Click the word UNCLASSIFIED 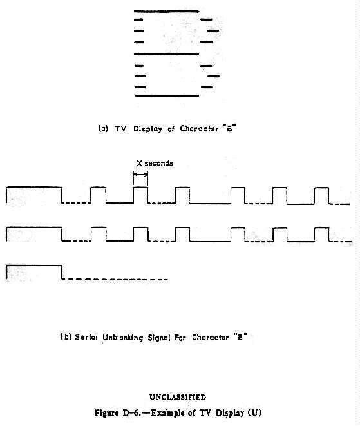pyautogui.click(x=178, y=397)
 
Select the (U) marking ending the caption pyautogui.click(x=254, y=413)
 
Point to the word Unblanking pyautogui.click(x=123, y=338)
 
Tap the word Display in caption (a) pyautogui.click(x=147, y=129)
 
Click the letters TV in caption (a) pyautogui.click(x=120, y=128)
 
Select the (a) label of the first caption pyautogui.click(x=103, y=128)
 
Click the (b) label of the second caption pyautogui.click(x=66, y=337)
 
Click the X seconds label pyautogui.click(x=155, y=163)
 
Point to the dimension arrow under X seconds pyautogui.click(x=140, y=175)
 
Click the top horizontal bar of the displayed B pyautogui.click(x=166, y=12)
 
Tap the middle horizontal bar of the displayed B pyautogui.click(x=166, y=53)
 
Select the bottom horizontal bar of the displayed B pyautogui.click(x=167, y=95)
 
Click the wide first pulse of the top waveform pyautogui.click(x=34, y=187)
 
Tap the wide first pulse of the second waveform pyautogui.click(x=34, y=227)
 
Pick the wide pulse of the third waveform pyautogui.click(x=34, y=266)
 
